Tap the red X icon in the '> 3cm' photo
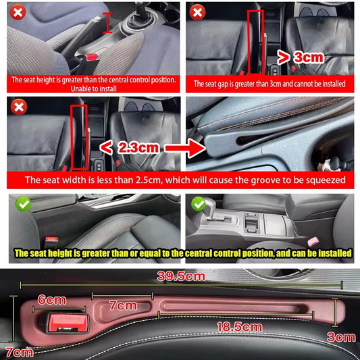pyautogui.click(x=197, y=12)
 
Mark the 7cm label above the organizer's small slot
pyautogui.click(x=123, y=305)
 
